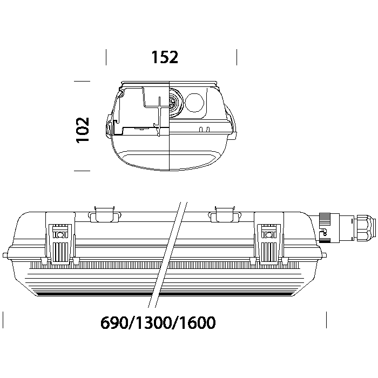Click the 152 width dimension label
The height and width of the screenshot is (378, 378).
[165, 57]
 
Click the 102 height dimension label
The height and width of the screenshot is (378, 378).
[83, 130]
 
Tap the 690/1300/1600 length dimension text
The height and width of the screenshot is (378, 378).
[158, 322]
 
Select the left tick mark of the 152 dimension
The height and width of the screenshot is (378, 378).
[106, 57]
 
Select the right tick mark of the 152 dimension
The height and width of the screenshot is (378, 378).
[237, 57]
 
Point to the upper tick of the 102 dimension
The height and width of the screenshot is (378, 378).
[82, 81]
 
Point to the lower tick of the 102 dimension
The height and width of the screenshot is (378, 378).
[82, 171]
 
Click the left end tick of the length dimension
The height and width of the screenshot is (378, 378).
[3, 320]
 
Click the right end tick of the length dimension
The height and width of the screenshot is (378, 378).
[326, 320]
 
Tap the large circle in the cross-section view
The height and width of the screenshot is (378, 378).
[194, 102]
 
